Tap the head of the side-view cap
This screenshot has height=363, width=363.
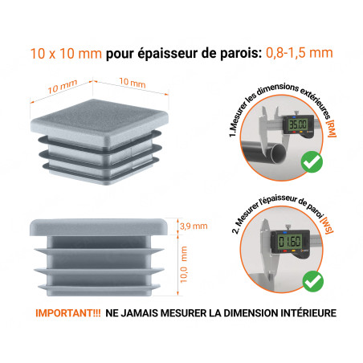101,226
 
